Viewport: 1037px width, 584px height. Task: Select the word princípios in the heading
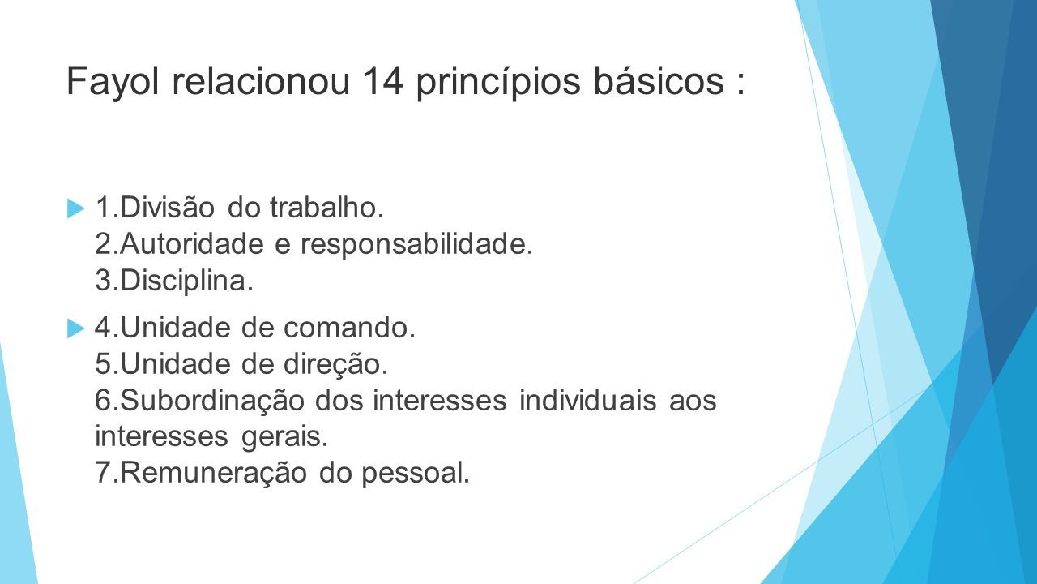coord(498,82)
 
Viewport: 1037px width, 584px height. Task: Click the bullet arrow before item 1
coord(76,208)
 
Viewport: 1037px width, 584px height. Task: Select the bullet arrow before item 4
coord(76,328)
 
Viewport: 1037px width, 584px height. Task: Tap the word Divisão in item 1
coord(167,207)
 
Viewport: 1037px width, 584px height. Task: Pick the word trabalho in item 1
coord(326,207)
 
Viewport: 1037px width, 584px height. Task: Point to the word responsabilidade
coord(416,245)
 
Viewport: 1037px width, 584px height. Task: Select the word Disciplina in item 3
coord(186,281)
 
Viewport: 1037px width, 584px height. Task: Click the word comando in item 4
coord(349,328)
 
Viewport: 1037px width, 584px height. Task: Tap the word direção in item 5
coord(335,364)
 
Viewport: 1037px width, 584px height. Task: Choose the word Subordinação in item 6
coord(212,401)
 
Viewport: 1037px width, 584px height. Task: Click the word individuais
coord(587,400)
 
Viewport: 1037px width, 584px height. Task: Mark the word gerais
coord(284,437)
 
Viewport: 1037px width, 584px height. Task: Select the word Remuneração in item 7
coord(213,473)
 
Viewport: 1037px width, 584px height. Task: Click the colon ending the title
coord(741,84)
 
